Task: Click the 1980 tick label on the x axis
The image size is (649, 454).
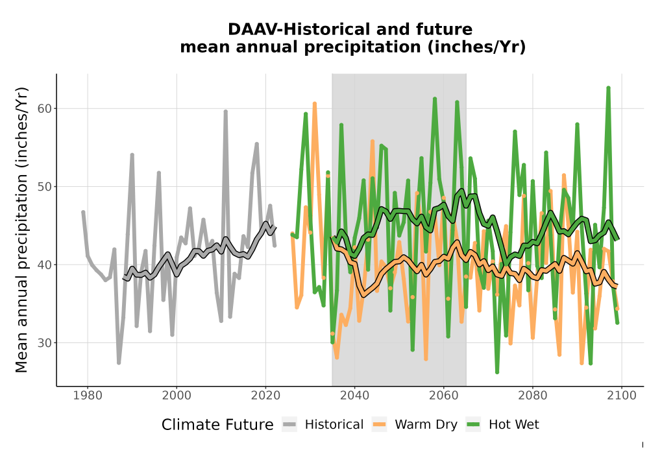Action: [88, 395]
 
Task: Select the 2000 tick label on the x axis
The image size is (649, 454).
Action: [177, 395]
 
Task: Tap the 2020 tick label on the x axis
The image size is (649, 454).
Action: [265, 395]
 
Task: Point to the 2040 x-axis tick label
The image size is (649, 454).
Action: [355, 395]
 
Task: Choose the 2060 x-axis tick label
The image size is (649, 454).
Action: [444, 395]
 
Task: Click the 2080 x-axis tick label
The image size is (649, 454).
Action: [533, 395]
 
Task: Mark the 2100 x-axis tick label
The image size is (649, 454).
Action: [622, 395]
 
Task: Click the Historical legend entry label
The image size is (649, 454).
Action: [334, 425]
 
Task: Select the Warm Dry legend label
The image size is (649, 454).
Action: [426, 425]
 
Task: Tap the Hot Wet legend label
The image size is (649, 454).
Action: [513, 425]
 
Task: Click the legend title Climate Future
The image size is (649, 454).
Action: [217, 425]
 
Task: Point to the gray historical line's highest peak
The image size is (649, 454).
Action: [226, 111]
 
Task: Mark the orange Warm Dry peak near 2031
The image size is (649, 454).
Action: [315, 103]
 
